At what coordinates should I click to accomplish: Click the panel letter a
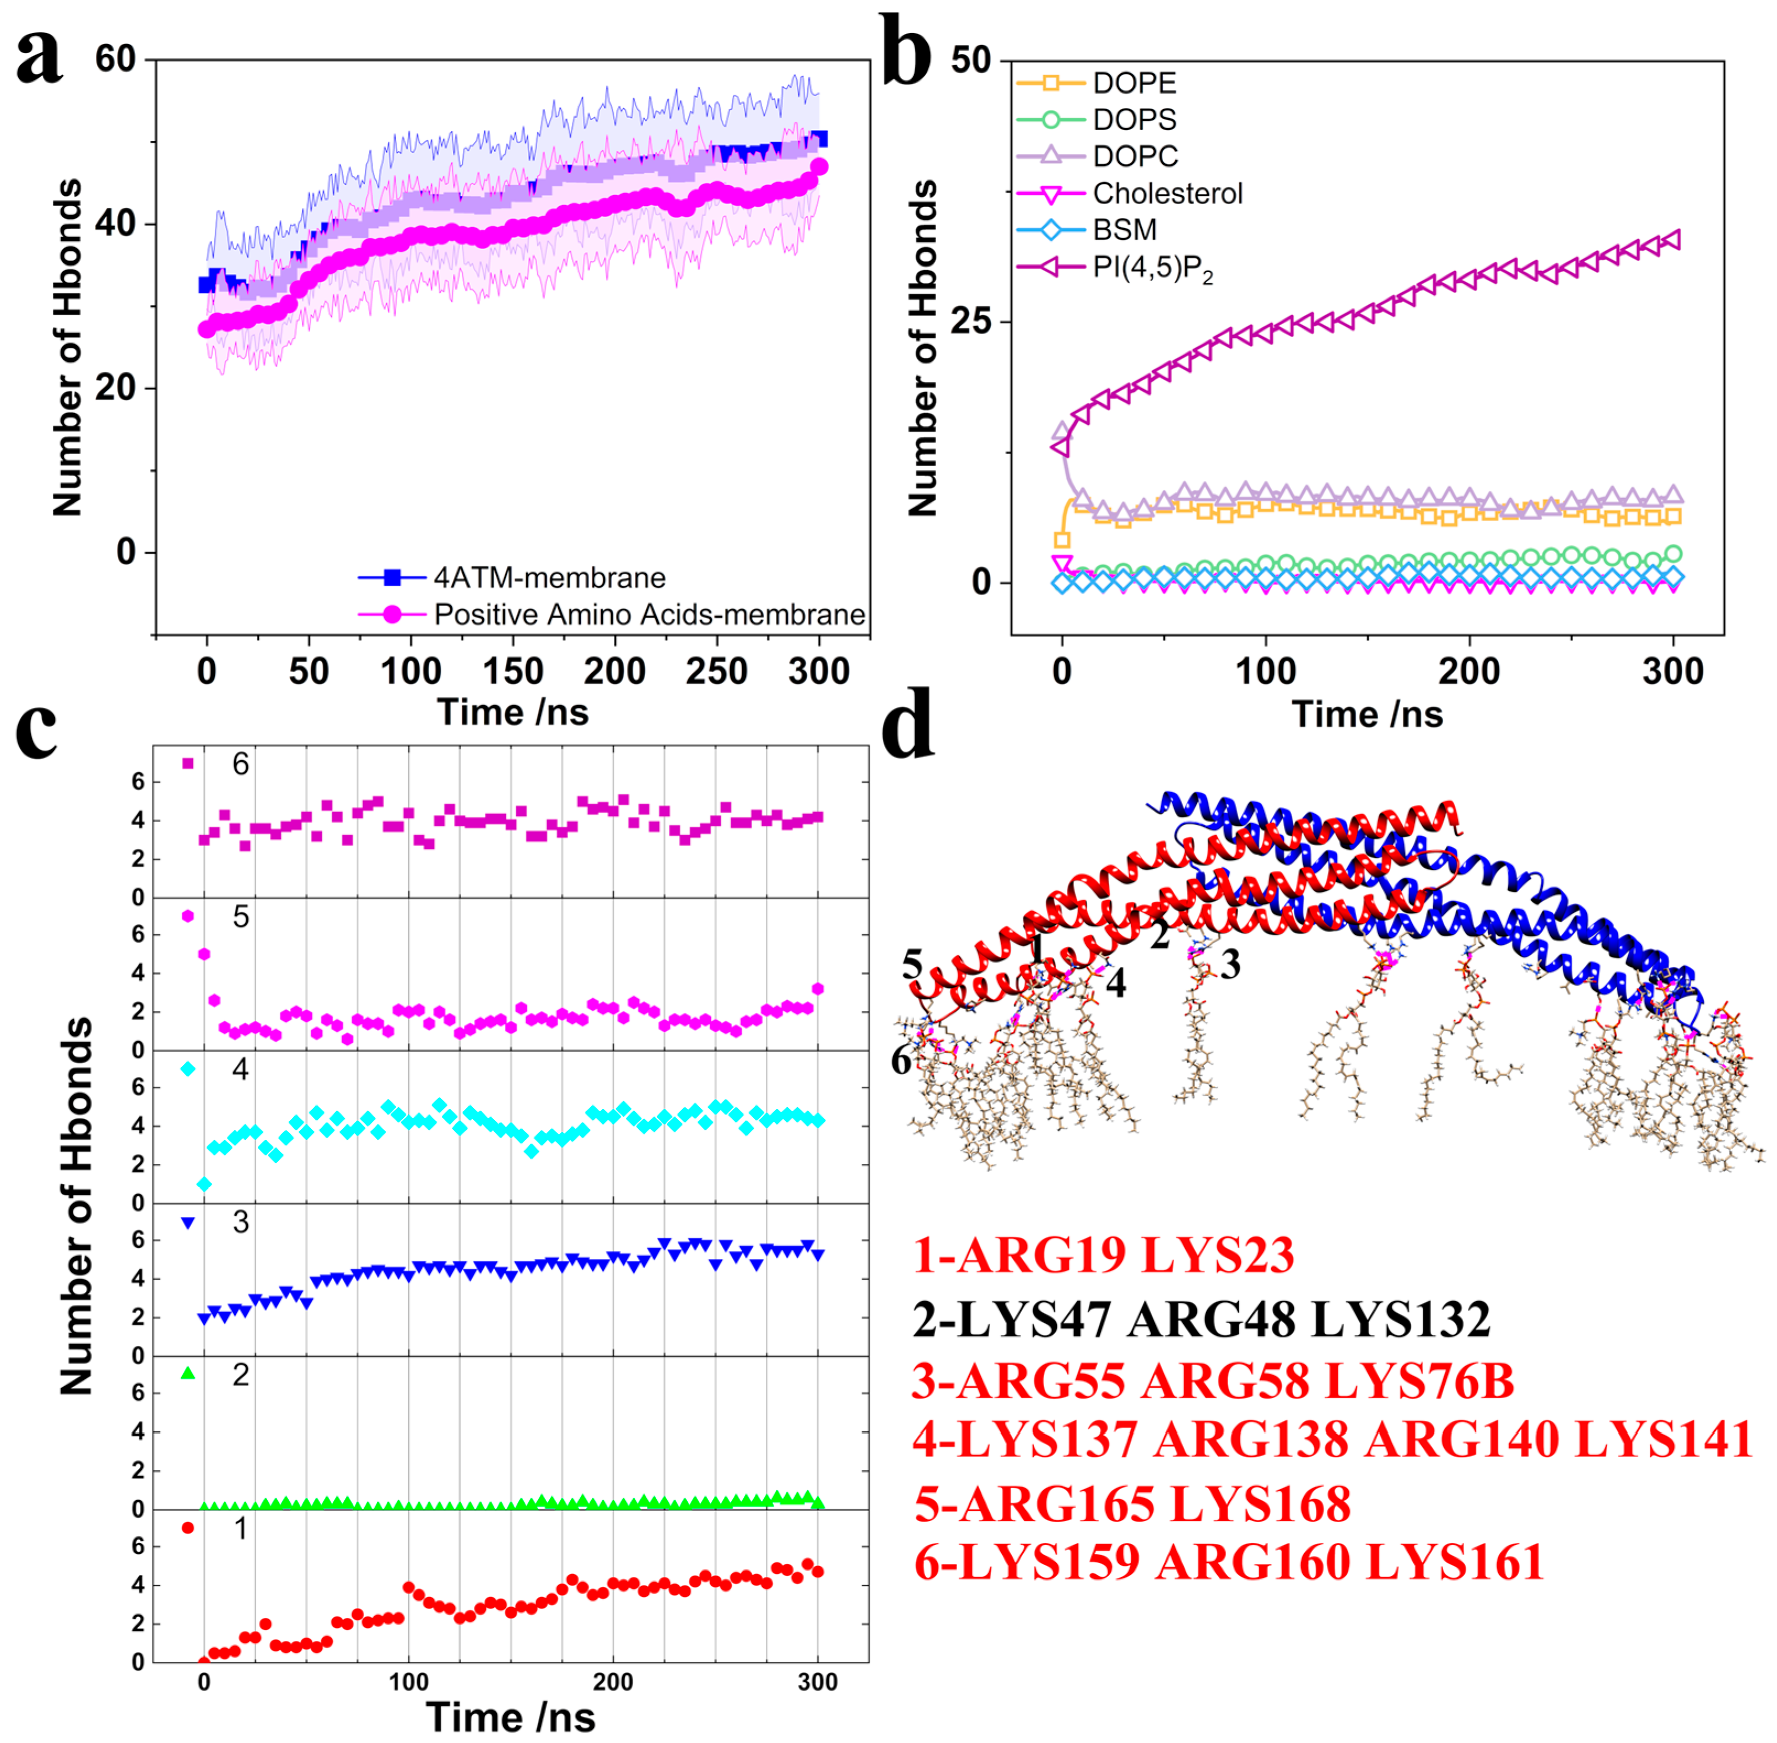tap(39, 57)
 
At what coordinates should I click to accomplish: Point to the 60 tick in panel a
tap(115, 59)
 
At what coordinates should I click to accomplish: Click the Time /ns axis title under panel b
tap(1367, 714)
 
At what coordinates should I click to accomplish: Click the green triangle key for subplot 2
tap(188, 1373)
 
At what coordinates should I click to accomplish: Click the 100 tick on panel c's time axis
tap(408, 1682)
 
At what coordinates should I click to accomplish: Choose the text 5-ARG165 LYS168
tap(1132, 1504)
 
